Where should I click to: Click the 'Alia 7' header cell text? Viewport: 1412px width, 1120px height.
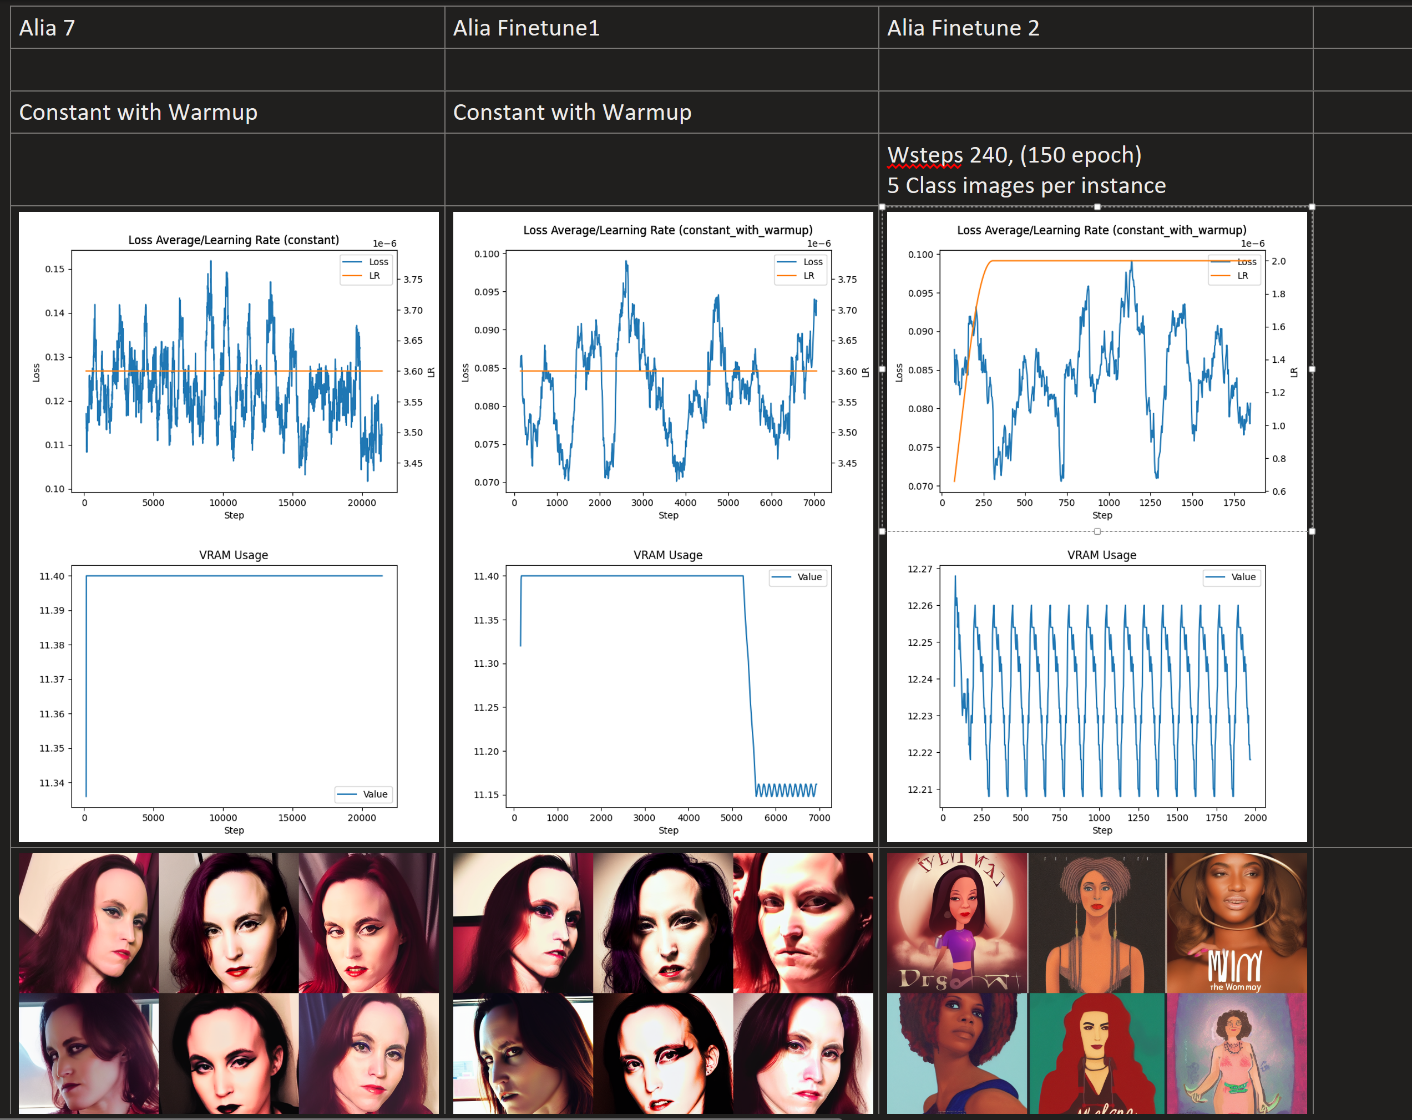[47, 28]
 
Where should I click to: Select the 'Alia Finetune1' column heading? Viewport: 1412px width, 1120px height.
[526, 28]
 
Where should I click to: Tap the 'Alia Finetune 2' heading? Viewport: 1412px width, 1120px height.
[963, 28]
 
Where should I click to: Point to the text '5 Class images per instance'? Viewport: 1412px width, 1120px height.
[1026, 186]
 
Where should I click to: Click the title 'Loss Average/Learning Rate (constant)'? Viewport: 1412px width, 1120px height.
[233, 240]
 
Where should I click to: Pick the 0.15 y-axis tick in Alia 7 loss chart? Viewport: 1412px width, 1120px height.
[55, 269]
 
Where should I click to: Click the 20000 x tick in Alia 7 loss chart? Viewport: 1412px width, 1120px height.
[362, 503]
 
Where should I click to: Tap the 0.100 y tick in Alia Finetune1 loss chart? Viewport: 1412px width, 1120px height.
[487, 254]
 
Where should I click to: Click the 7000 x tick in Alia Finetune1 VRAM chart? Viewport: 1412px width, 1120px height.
[819, 818]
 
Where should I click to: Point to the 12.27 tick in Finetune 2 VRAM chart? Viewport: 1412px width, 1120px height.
[919, 569]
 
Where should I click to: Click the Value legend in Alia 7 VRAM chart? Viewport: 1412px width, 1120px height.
[365, 794]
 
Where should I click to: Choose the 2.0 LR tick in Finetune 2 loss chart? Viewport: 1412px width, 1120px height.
[1278, 261]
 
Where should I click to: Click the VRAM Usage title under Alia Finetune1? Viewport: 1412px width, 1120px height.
[667, 555]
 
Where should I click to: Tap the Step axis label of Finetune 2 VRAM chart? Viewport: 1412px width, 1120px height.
[1102, 830]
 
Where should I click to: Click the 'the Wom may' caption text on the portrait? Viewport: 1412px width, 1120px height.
[1235, 987]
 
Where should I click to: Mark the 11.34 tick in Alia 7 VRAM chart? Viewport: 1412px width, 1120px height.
[52, 783]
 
